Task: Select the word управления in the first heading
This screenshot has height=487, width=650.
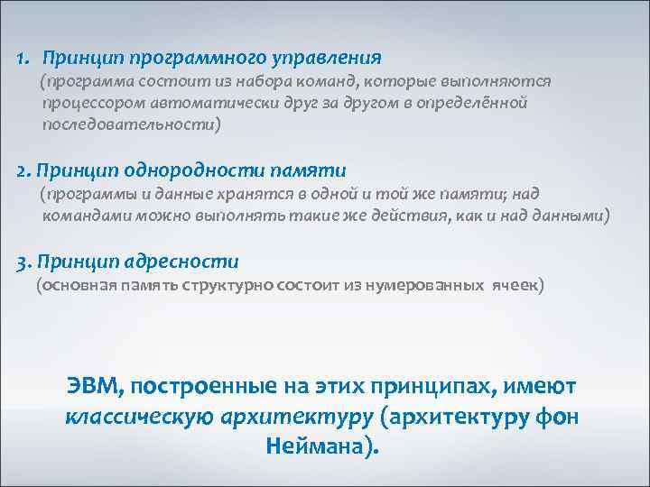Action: [x=334, y=58]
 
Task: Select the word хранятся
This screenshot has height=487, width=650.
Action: [x=248, y=194]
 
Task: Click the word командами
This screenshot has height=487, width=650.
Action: [x=82, y=216]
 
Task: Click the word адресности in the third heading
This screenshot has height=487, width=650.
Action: [x=193, y=262]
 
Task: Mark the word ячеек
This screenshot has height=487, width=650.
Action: [x=515, y=286]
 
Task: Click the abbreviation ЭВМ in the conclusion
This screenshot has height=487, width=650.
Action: [x=94, y=386]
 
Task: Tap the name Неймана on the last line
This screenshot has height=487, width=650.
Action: [x=320, y=446]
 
